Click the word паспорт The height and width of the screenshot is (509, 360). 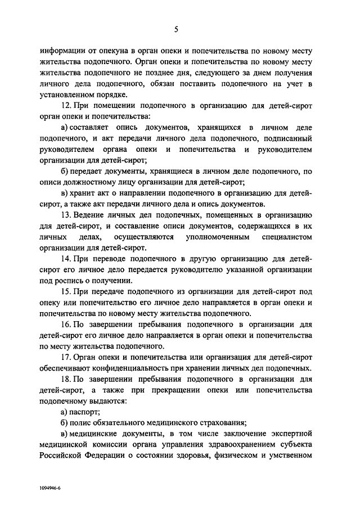click(84, 412)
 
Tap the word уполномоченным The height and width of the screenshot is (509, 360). click(217, 237)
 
